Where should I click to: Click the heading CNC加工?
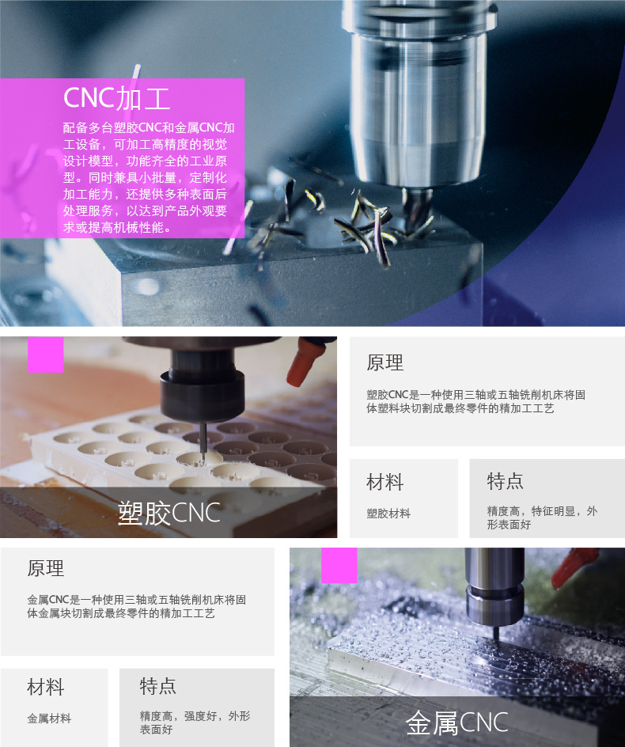point(117,98)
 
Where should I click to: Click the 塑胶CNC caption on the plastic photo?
point(169,513)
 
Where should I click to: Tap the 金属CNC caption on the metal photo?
point(456,722)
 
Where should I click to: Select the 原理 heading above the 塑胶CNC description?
point(385,362)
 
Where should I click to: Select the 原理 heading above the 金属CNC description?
point(46,568)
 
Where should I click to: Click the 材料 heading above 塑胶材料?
point(385,482)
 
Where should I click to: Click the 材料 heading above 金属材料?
point(46,687)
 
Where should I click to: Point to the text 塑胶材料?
point(388,513)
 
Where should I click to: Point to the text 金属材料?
point(49,719)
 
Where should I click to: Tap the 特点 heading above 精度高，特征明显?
point(505,481)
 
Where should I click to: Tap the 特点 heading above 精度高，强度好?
point(157,686)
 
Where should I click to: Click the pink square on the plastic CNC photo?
point(46,355)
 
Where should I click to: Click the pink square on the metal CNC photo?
point(339,565)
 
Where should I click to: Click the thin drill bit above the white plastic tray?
point(203,443)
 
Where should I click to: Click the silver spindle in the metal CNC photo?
point(495,587)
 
